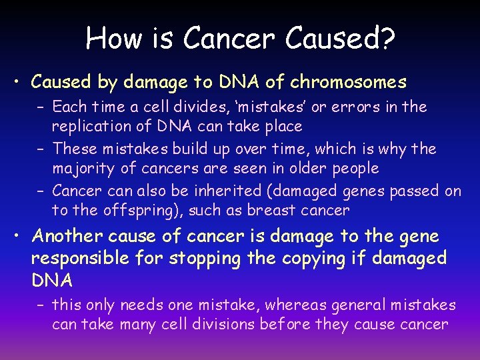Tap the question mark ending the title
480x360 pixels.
coord(386,39)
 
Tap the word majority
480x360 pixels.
coord(81,168)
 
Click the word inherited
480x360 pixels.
coord(227,191)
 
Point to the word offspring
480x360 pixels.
coord(129,211)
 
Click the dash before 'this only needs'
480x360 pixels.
coord(40,305)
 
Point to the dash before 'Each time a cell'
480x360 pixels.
coord(40,107)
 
